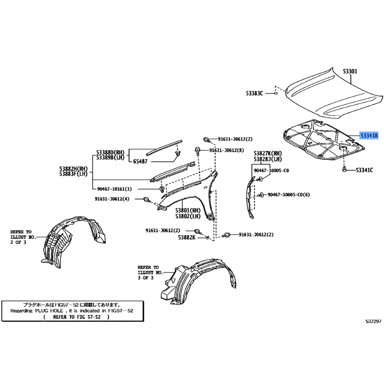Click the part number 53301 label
pos(350,71)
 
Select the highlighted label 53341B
pos(369,135)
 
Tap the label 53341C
pos(364,170)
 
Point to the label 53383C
pos(254,93)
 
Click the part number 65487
pos(140,161)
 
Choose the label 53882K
pos(187,237)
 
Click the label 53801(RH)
pos(188,210)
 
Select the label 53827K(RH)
pos(268,153)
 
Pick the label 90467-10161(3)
pos(114,189)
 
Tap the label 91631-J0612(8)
pos(227,150)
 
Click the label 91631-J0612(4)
pos(112,199)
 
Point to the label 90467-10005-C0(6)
pos(289,195)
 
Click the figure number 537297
pos(373,322)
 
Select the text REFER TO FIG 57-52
pos(77,317)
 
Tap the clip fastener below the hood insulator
pos(344,169)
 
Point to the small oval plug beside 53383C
pos(275,93)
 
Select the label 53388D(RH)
pos(110,153)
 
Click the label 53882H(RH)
pos(73,169)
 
